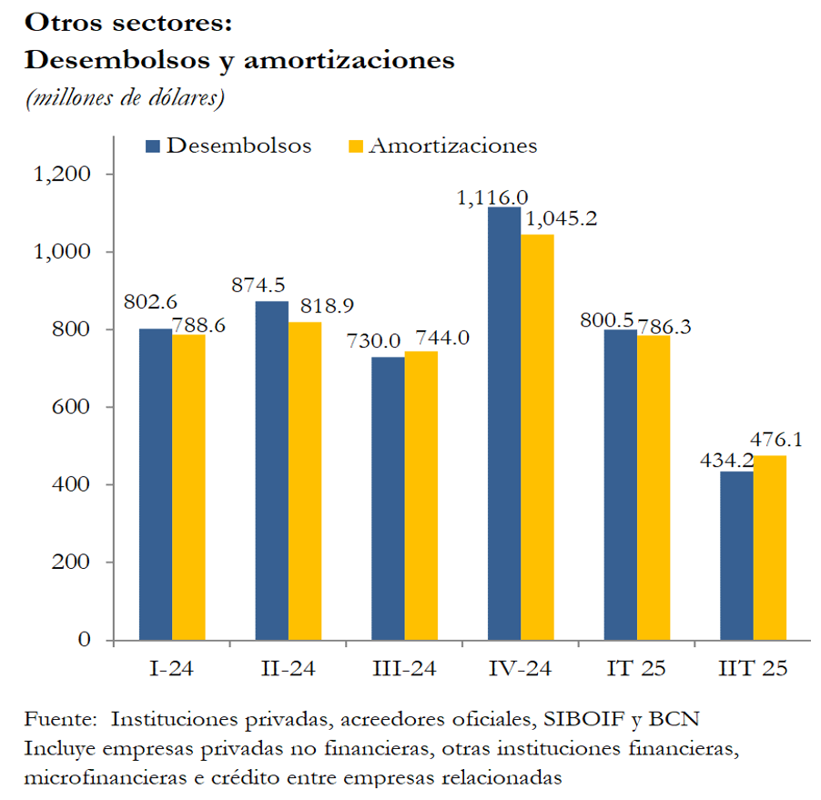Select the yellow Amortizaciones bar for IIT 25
coord(770,547)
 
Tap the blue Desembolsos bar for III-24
coord(388,498)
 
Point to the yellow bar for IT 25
coord(654,487)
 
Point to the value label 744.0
coord(442,337)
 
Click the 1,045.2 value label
coord(558,219)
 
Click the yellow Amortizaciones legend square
coord(356,147)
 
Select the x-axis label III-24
coord(404,669)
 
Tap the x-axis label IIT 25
coord(753,669)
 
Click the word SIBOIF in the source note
coord(576,718)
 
